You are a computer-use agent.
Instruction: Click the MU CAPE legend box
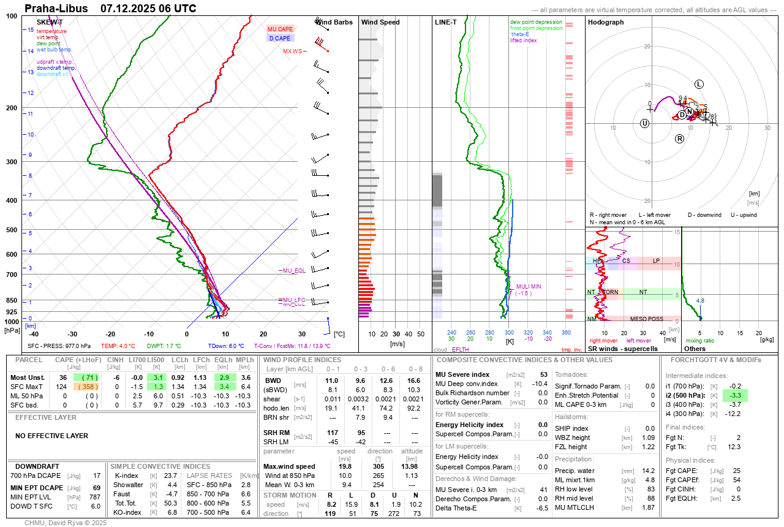[281, 29]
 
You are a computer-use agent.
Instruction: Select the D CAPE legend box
[280, 38]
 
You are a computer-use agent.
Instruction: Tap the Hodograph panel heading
[606, 22]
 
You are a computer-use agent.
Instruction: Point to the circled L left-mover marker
[699, 84]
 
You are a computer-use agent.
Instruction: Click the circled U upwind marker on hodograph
[644, 123]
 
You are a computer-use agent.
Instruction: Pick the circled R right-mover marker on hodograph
[679, 139]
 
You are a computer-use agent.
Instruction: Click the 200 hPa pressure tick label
[11, 108]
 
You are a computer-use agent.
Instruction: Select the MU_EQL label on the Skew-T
[293, 270]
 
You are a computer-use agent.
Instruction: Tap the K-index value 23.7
[170, 476]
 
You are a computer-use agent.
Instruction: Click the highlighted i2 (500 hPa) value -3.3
[736, 395]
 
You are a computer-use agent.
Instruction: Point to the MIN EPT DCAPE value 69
[96, 488]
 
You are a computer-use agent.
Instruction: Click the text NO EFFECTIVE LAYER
[51, 436]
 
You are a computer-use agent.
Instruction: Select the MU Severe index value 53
[543, 374]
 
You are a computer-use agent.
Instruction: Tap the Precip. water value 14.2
[648, 471]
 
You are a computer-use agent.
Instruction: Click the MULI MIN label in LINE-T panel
[529, 286]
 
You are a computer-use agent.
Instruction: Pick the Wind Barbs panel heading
[334, 22]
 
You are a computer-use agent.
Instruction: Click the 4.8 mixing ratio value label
[700, 300]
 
